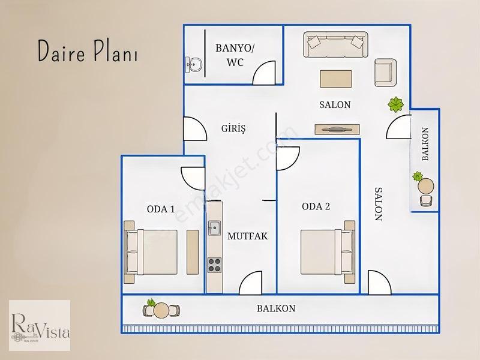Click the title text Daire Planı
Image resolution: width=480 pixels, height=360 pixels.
pyautogui.click(x=88, y=51)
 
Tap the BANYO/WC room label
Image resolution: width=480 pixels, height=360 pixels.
pyautogui.click(x=235, y=55)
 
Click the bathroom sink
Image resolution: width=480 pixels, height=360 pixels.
pyautogui.click(x=194, y=65)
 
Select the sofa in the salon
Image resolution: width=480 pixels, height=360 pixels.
pyautogui.click(x=335, y=44)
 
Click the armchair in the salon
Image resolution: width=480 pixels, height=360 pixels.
pyautogui.click(x=385, y=73)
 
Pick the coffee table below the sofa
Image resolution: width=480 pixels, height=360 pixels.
pyautogui.click(x=336, y=79)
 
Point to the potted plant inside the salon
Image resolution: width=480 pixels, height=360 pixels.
pyautogui.click(x=395, y=104)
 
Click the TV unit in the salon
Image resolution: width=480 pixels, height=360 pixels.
pyautogui.click(x=337, y=129)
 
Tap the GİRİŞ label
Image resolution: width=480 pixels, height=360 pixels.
pyautogui.click(x=233, y=128)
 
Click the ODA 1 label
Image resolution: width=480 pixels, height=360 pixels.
pyautogui.click(x=161, y=209)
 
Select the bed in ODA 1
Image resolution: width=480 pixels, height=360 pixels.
pyautogui.click(x=151, y=252)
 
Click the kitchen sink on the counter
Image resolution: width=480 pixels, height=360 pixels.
pyautogui.click(x=214, y=228)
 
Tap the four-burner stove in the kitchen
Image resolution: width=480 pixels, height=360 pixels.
pyautogui.click(x=215, y=265)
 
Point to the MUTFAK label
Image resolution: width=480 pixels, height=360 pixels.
pyautogui.click(x=247, y=236)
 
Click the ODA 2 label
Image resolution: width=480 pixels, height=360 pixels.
pyautogui.click(x=316, y=206)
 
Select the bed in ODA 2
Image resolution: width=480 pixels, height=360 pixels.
pyautogui.click(x=328, y=252)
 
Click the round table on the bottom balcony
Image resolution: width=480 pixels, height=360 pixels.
pyautogui.click(x=161, y=310)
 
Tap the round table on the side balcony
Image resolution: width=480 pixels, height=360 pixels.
pyautogui.click(x=425, y=187)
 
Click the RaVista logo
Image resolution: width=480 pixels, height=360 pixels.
pyautogui.click(x=40, y=325)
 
